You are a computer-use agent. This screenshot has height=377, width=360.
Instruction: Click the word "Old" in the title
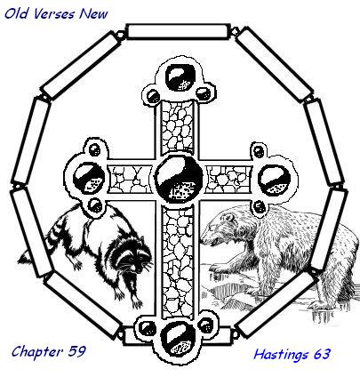point(15,14)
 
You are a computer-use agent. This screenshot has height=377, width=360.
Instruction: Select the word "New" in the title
point(93,14)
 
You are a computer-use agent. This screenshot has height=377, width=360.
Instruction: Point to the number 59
point(76,351)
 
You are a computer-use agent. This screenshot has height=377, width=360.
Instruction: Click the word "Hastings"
point(276,355)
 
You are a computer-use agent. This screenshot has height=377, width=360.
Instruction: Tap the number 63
point(322,354)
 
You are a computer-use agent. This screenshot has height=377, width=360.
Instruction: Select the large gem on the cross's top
point(180,78)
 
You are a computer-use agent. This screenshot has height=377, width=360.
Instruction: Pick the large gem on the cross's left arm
point(89,179)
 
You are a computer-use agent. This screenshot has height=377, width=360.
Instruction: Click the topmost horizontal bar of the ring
point(179,32)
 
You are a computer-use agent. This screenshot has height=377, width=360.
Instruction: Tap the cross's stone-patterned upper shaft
point(177,127)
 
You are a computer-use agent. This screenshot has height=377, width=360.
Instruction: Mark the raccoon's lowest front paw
point(137,302)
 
